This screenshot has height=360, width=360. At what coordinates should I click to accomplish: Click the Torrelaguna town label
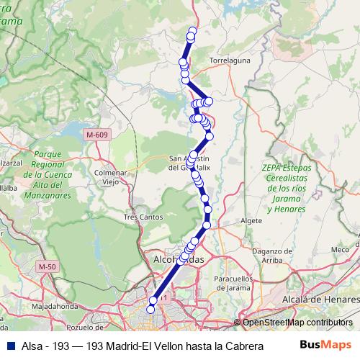click(x=228, y=61)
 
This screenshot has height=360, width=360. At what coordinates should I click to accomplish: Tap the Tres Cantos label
click(x=140, y=216)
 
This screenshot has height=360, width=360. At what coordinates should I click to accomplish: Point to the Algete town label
click(x=252, y=220)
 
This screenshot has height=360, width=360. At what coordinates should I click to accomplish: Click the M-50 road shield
click(x=48, y=266)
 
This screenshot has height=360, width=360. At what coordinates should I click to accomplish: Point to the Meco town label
click(x=339, y=249)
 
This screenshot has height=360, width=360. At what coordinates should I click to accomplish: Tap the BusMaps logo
click(x=325, y=345)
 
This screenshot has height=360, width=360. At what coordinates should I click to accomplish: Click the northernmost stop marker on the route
click(x=192, y=31)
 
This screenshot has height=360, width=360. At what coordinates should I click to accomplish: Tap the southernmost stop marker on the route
click(x=150, y=309)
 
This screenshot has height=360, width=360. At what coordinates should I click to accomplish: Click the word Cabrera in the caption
click(x=235, y=346)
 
